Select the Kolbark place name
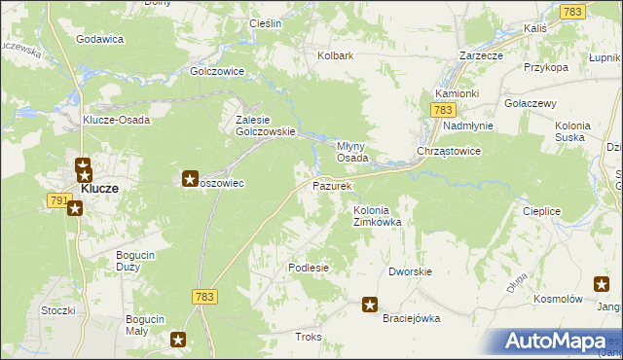(335, 55)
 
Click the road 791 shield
(57, 199)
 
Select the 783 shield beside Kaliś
(572, 11)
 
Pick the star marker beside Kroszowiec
(190, 178)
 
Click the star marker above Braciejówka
(370, 305)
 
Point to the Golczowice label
(216, 71)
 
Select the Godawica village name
(100, 39)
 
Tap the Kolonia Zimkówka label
(378, 215)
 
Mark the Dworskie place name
(410, 271)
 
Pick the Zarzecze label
(481, 55)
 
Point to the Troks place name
(308, 337)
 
